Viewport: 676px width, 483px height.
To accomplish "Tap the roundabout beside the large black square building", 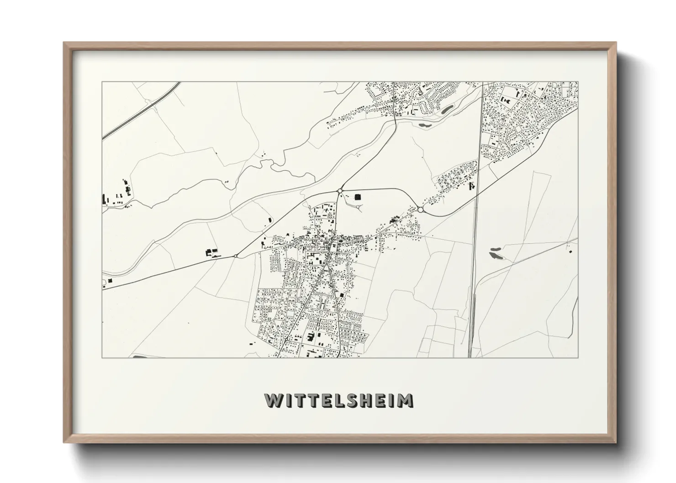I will point(340,190).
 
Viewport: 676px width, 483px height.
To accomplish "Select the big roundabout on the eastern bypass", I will point(420,210).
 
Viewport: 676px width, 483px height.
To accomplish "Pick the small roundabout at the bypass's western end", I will point(235,256).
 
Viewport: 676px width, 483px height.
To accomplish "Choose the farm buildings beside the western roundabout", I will point(211,252).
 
